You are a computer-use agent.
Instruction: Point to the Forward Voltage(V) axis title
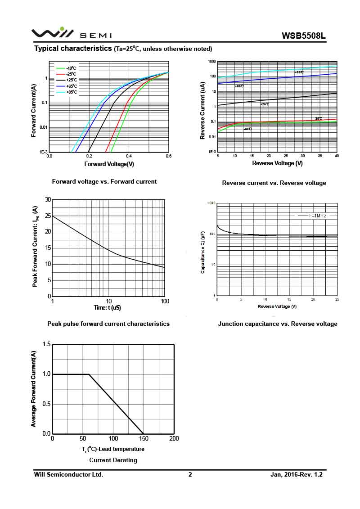(x=109, y=164)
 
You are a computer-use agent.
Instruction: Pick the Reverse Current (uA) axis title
(x=203, y=110)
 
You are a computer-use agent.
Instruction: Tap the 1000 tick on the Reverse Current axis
(x=212, y=61)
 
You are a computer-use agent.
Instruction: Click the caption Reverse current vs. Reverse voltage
(x=274, y=183)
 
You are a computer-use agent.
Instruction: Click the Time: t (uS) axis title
(x=107, y=308)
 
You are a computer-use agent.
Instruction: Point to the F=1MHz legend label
(x=318, y=216)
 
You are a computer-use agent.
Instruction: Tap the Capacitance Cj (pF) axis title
(x=203, y=252)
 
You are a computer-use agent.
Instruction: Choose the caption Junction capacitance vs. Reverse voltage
(x=278, y=324)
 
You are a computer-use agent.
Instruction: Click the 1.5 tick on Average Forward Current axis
(x=46, y=344)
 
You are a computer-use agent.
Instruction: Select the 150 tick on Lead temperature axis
(x=144, y=439)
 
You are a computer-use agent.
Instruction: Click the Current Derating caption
(x=113, y=460)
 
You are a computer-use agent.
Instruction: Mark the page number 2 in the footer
(x=190, y=474)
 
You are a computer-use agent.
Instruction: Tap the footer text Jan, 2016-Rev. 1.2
(x=297, y=474)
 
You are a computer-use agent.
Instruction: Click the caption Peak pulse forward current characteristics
(x=108, y=324)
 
